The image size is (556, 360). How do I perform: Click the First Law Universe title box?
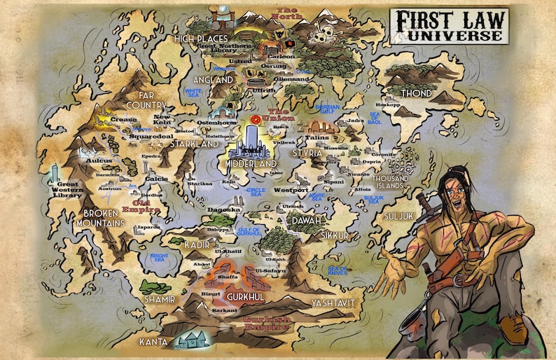[448, 26]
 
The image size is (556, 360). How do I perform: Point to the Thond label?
[416, 93]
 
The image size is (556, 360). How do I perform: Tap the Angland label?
[213, 81]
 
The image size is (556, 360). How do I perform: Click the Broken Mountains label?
[104, 218]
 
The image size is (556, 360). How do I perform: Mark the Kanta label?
[153, 342]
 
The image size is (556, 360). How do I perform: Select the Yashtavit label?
[333, 303]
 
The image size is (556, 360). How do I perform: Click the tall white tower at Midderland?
[252, 137]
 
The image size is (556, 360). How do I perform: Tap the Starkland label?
[195, 144]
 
